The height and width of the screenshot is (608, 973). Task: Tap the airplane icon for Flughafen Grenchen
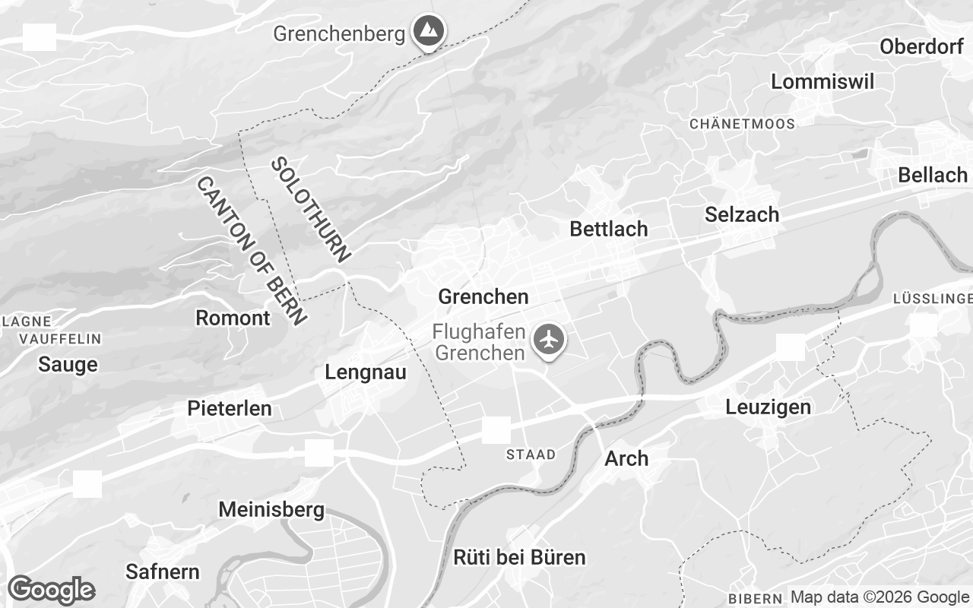[547, 339]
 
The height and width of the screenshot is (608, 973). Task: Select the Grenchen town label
[483, 296]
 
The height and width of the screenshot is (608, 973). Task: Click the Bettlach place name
[608, 229]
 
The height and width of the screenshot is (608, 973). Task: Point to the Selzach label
[742, 214]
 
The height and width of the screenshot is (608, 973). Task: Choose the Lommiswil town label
[822, 82]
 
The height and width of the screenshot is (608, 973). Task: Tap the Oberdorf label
[921, 46]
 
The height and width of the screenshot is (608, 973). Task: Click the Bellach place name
[932, 175]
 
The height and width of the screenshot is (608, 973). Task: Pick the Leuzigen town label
[768, 407]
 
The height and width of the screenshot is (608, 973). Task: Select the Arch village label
[626, 458]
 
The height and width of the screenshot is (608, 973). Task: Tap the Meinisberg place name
[271, 509]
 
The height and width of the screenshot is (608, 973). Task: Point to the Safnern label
[163, 572]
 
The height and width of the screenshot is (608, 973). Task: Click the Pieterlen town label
[229, 408]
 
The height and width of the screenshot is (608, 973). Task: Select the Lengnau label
[365, 372]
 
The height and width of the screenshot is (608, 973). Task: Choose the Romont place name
[233, 318]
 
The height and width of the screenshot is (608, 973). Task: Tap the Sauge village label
[68, 365]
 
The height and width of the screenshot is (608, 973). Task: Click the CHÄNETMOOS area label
[742, 124]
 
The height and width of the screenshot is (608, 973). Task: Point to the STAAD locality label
[531, 454]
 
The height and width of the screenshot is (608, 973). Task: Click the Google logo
[51, 590]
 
